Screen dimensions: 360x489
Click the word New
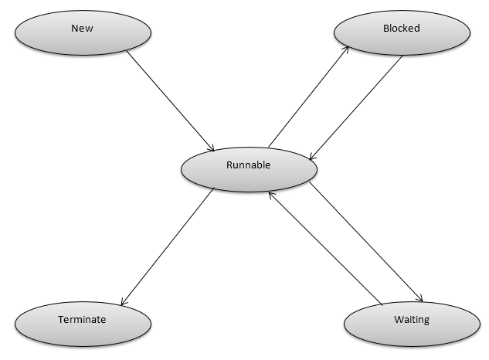pyautogui.click(x=82, y=29)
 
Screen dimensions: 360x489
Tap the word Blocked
pyautogui.click(x=401, y=29)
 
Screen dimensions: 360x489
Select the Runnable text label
pyautogui.click(x=248, y=165)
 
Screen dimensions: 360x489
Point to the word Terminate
pyautogui.click(x=82, y=318)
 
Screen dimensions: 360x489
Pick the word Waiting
pyautogui.click(x=411, y=318)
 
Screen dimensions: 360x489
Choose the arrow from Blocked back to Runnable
pyautogui.click(x=355, y=107)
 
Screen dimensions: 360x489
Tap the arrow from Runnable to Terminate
pyautogui.click(x=168, y=246)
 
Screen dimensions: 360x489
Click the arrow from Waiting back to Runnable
pyautogui.click(x=324, y=247)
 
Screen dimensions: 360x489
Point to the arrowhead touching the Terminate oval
pyautogui.click(x=123, y=304)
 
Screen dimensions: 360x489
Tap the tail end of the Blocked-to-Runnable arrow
pyautogui.click(x=402, y=56)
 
